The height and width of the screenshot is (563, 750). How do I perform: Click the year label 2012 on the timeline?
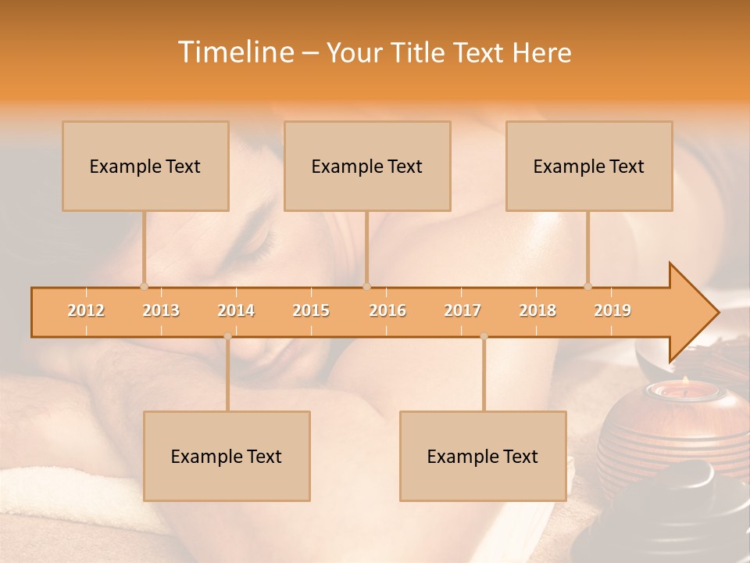coord(86,310)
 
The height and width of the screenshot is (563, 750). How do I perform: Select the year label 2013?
coord(161,310)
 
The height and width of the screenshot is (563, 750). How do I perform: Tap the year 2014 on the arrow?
coord(236,310)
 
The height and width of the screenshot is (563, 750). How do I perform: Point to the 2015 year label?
coord(311,310)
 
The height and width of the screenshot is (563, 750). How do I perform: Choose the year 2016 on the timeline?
coord(387,310)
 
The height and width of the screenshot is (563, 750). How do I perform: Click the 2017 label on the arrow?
coord(462,310)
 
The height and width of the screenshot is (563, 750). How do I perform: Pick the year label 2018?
coord(537,310)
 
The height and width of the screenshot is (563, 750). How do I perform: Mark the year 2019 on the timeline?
coord(612,310)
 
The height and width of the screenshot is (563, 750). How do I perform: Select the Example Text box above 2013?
coord(145,166)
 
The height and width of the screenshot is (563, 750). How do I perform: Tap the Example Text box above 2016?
coord(367,166)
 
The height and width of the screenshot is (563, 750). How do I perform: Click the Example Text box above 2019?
coord(589,166)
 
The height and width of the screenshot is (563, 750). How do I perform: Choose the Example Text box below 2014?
coord(227,456)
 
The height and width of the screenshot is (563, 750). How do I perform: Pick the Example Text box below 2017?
coord(483,456)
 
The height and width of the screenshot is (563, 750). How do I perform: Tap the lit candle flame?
coord(684,381)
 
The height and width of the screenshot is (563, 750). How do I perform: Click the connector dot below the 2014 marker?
coord(227,336)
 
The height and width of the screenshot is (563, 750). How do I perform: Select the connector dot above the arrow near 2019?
coord(588,286)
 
